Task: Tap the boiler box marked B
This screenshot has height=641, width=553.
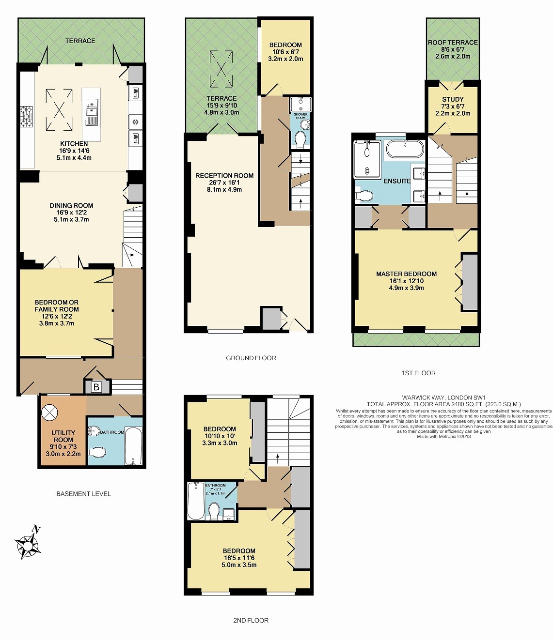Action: [x=96, y=387]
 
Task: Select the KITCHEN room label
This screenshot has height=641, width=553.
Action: [x=74, y=144]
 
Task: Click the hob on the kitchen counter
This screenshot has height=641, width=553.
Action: [x=26, y=116]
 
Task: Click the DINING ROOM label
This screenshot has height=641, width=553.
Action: [x=71, y=205]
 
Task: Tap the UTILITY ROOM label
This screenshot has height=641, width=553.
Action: [x=63, y=436]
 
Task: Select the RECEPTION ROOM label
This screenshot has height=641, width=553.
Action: [x=224, y=176]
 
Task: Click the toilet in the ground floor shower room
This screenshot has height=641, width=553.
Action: [x=300, y=140]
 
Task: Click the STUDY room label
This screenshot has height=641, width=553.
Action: [x=453, y=99]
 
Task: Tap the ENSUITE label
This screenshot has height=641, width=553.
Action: [x=397, y=181]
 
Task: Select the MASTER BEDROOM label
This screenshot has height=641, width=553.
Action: [x=406, y=274]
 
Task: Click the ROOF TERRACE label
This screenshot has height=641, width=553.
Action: [x=453, y=43]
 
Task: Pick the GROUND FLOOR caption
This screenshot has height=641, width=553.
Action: [x=251, y=358]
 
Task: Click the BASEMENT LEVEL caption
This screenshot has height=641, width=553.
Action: [x=83, y=494]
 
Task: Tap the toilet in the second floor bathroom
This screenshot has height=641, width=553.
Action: [x=214, y=510]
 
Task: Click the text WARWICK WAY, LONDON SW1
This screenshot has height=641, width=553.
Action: [x=443, y=398]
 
